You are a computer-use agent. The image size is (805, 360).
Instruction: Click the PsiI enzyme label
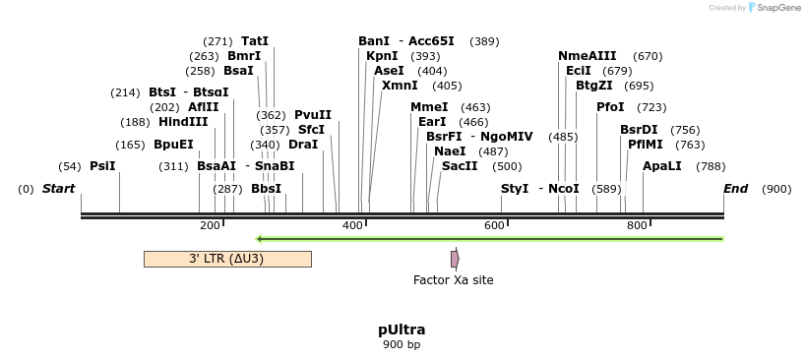point(102,166)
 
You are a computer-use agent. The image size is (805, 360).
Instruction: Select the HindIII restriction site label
point(183,122)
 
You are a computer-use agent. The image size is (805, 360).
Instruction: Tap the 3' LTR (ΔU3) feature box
point(227,259)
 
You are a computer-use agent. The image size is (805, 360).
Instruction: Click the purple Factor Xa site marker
point(455,259)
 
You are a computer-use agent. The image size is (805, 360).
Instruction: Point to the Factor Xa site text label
point(453,280)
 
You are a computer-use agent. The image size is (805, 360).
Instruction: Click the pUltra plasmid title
point(402,330)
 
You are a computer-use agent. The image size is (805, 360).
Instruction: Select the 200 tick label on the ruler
point(210,226)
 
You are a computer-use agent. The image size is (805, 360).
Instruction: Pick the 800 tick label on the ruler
point(637,226)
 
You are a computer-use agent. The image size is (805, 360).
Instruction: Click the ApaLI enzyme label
point(661,166)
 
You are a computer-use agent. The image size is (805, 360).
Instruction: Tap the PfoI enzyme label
point(610,107)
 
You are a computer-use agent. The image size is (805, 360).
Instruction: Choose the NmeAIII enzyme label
point(587,56)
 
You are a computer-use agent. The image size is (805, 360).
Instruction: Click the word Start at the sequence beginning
point(58,188)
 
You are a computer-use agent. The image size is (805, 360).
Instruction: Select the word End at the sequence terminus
point(735,188)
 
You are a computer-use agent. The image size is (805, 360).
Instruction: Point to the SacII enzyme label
point(460,166)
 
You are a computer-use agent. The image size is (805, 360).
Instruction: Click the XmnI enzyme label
point(400,86)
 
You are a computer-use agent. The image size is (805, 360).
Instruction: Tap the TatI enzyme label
point(255,41)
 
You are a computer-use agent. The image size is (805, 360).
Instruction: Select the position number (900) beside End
point(776,188)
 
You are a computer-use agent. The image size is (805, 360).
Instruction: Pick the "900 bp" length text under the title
point(402,345)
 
